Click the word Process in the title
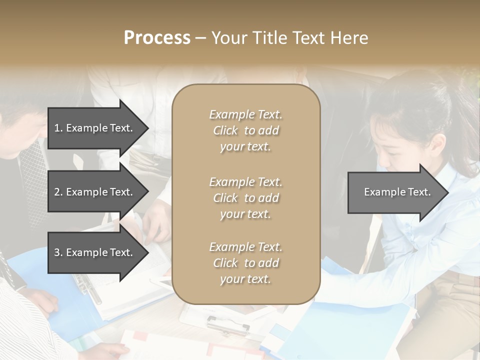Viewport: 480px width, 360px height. pos(157,38)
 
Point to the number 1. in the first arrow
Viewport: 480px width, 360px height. pos(58,128)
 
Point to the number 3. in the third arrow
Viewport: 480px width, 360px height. pos(58,252)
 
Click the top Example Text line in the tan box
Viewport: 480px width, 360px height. pos(245,114)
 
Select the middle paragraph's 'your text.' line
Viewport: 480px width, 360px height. pos(245,214)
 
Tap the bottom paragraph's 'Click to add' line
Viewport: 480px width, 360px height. pos(245,263)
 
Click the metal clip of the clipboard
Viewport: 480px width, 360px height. pos(227,325)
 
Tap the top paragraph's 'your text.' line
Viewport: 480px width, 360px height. pos(245,147)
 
